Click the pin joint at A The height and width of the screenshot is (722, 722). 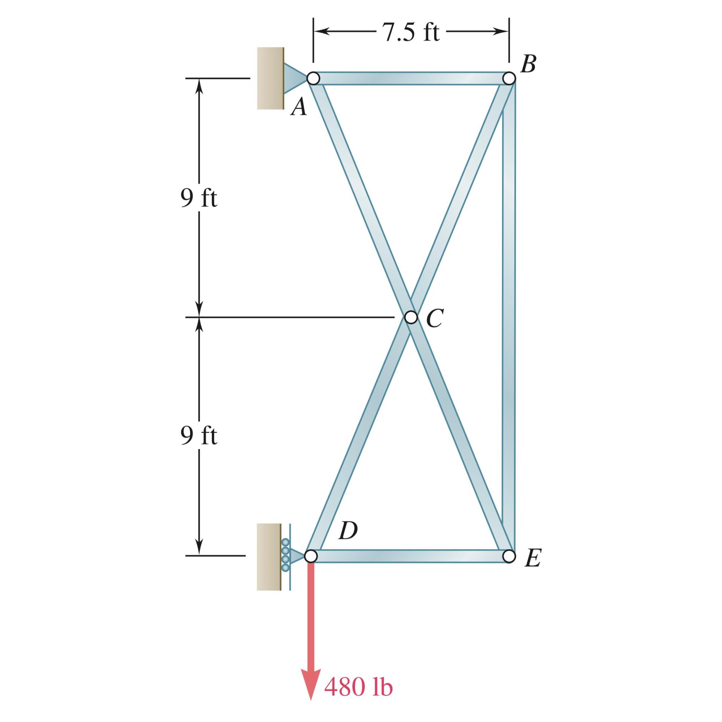pos(313,79)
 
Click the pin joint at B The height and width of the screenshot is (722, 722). pos(509,79)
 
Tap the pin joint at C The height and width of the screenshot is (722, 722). pos(411,317)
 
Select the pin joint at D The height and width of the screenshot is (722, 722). pos(311,556)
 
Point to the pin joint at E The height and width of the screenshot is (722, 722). pos(509,556)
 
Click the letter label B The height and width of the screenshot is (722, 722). pos(528,64)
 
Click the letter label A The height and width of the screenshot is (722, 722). pos(299,108)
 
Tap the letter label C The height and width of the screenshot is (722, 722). pos(435,318)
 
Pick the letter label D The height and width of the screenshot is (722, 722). pos(348,531)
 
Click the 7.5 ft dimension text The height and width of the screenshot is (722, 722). pos(411,32)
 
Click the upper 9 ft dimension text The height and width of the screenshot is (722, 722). pos(198,198)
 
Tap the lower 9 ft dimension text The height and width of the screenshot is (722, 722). pos(198,436)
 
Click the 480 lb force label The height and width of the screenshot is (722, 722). pos(359,687)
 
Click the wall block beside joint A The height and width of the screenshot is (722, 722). pos(270,79)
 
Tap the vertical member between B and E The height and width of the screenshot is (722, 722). pos(509,318)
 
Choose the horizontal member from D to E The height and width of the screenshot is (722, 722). pos(409,556)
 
